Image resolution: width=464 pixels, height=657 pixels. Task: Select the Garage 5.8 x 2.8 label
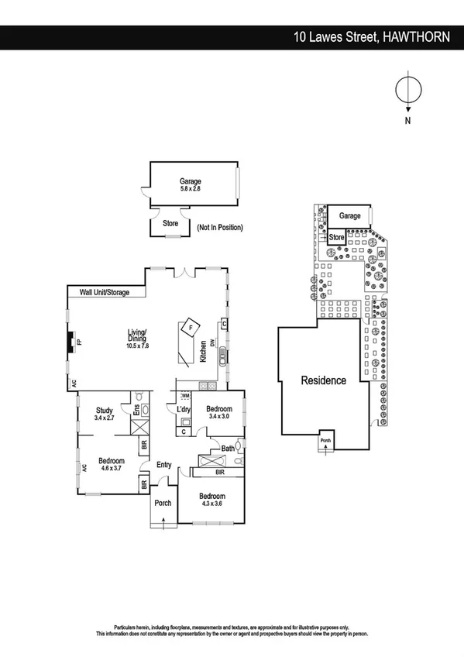(x=191, y=185)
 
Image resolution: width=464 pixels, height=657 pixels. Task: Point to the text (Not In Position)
(x=220, y=228)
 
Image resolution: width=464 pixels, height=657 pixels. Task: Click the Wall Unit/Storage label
(x=110, y=293)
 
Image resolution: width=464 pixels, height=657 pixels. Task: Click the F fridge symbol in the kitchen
(x=191, y=328)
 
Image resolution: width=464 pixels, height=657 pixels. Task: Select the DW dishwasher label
(x=211, y=342)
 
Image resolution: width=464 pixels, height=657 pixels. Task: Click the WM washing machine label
(x=185, y=395)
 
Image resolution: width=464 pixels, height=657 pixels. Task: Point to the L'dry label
(x=184, y=409)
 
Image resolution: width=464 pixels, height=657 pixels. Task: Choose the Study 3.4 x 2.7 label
(x=105, y=414)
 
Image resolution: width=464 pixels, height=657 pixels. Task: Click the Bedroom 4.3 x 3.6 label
(x=211, y=500)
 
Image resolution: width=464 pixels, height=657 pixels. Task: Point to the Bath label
(x=227, y=448)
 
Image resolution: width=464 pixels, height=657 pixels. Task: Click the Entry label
(x=163, y=465)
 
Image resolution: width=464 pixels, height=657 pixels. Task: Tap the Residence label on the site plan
(x=323, y=380)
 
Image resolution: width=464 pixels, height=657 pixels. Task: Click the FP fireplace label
(x=78, y=341)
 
